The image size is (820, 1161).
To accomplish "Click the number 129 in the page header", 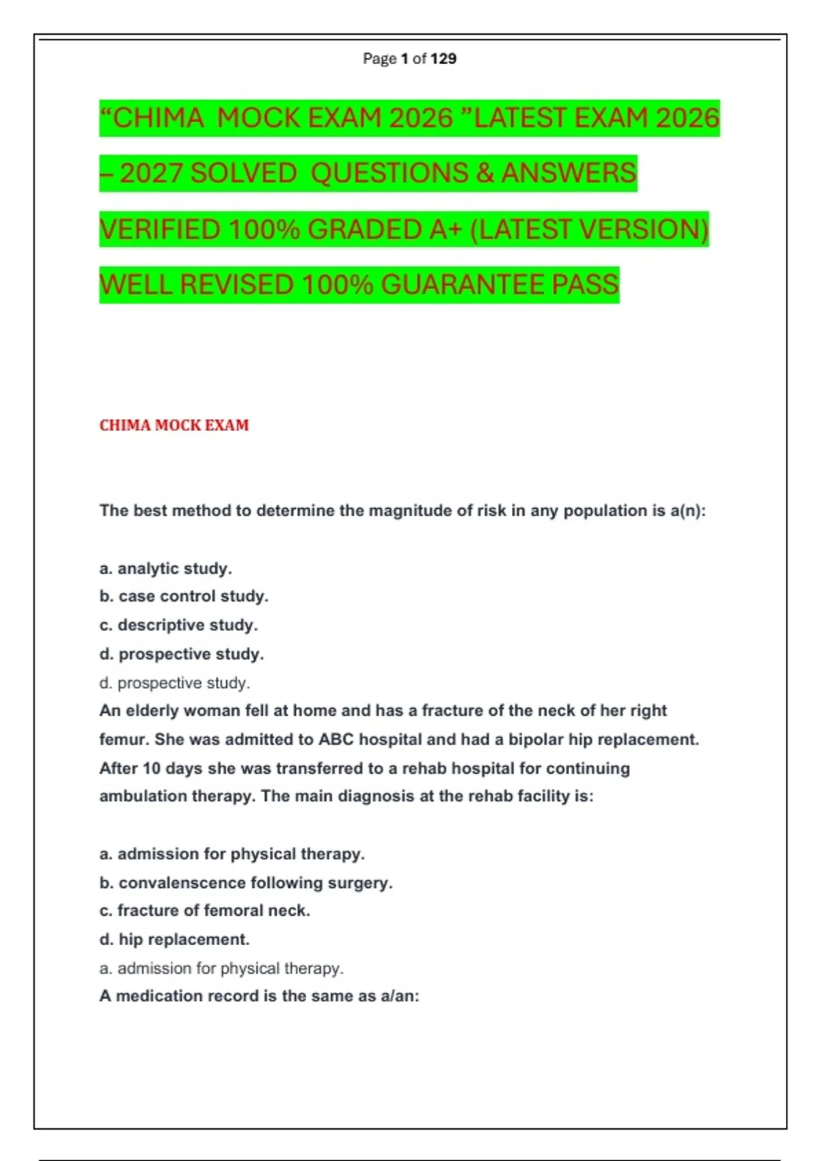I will [x=443, y=59].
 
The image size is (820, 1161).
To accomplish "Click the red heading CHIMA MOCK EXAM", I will [x=174, y=425].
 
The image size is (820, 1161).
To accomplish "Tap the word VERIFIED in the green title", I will [x=161, y=229].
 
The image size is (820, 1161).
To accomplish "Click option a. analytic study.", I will [x=165, y=568].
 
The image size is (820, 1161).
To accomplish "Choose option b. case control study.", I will [x=184, y=596].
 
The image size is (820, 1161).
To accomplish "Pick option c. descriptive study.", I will [x=178, y=625].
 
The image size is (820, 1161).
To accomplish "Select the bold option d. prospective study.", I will [x=181, y=654].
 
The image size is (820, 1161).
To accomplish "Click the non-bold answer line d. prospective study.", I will [x=174, y=683].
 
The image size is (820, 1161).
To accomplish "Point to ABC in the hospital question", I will [x=336, y=740].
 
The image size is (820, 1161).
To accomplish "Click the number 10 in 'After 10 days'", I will [x=152, y=768].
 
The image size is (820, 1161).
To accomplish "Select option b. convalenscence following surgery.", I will [x=246, y=882].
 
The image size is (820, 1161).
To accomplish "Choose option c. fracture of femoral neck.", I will [x=204, y=910].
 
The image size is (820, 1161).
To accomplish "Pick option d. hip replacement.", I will [x=174, y=940].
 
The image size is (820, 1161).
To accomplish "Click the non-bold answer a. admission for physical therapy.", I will [x=221, y=968].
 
